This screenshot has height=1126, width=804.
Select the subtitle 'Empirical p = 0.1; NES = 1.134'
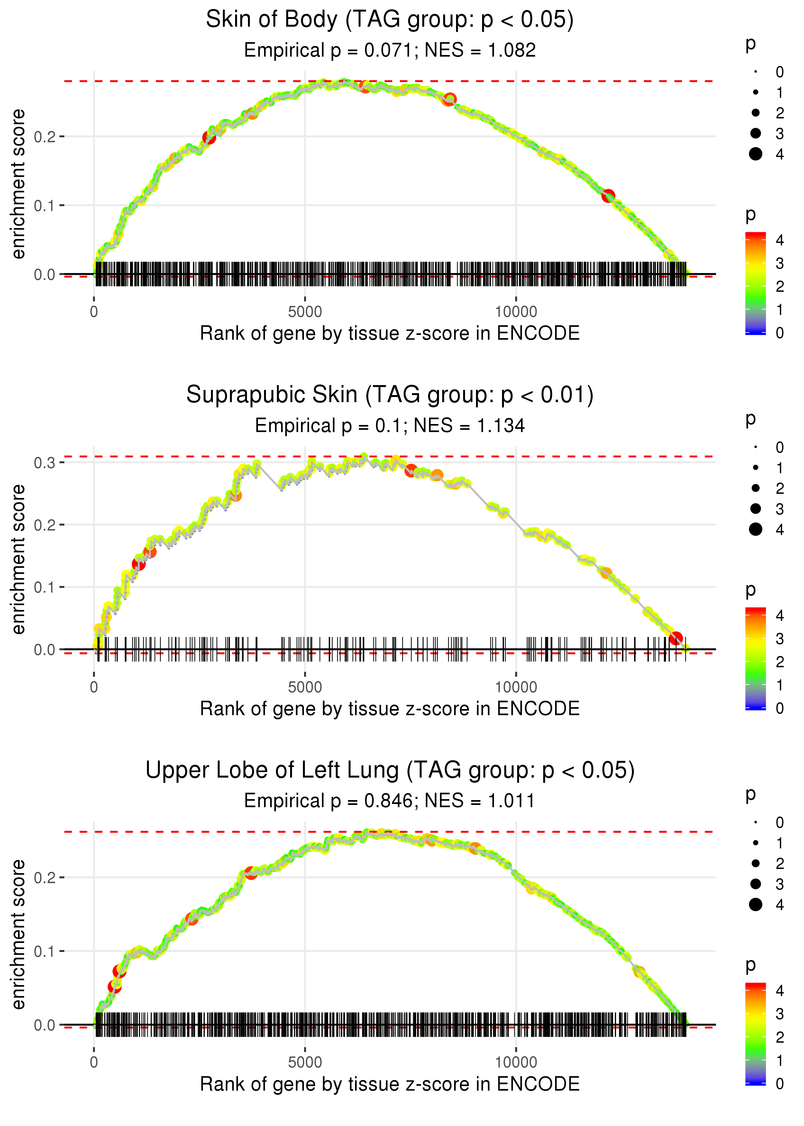tap(390, 425)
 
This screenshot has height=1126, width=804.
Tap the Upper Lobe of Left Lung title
tap(390, 771)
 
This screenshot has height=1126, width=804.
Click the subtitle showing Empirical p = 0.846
tap(390, 801)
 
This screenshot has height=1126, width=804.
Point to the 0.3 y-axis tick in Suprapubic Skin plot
tap(44, 463)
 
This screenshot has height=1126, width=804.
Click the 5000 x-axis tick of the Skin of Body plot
tap(305, 312)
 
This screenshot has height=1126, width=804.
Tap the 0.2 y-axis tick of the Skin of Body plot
tap(44, 137)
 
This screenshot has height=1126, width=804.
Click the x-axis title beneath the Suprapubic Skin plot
tap(390, 709)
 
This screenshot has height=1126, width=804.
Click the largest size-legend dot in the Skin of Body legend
tap(755, 154)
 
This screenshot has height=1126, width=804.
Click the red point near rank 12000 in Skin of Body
tap(608, 196)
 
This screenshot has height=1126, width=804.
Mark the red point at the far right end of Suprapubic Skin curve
tap(676, 639)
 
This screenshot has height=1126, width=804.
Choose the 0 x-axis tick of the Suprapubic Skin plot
tap(94, 687)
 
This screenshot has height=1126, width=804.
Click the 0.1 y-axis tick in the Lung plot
tap(44, 951)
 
